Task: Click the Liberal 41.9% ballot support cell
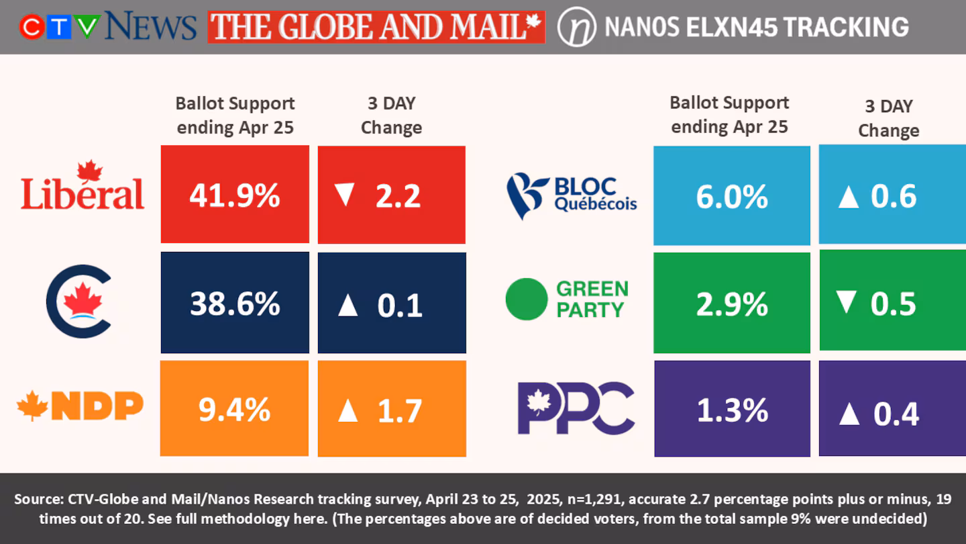235,195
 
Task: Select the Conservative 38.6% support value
235,304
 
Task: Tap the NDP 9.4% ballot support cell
235,409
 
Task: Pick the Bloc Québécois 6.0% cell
731,196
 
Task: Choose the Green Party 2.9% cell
731,304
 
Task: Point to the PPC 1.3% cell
731,409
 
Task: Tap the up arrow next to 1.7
347,410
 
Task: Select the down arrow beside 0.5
847,304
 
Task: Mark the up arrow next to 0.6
848,197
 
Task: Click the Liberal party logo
83,186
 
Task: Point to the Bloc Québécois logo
571,195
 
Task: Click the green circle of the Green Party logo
527,299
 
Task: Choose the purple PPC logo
576,407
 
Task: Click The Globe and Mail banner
376,27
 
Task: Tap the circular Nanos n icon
577,27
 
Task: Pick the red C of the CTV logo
31,27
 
